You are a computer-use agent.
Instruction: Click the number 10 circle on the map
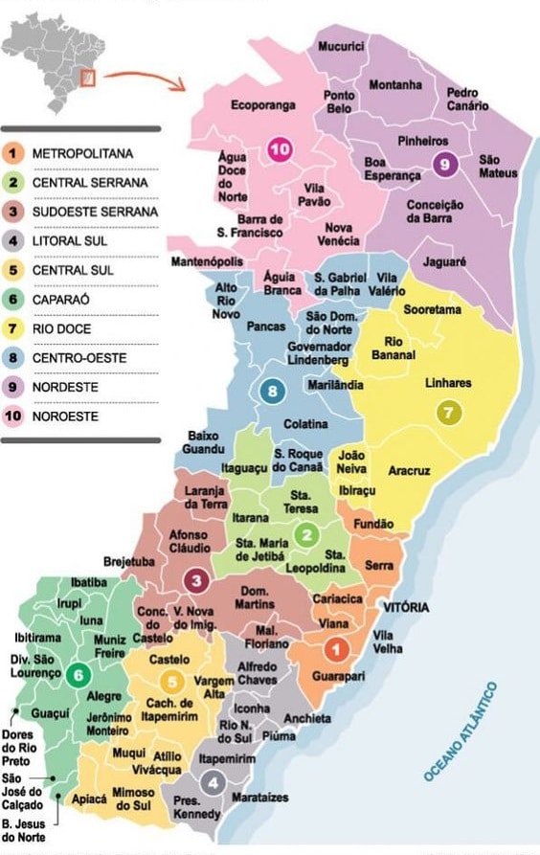tap(281, 149)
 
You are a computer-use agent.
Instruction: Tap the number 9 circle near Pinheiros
tap(442, 164)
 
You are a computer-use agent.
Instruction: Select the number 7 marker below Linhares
tap(448, 413)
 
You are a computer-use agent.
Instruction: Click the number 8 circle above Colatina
tap(274, 391)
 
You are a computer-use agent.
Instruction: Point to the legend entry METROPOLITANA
tap(82, 153)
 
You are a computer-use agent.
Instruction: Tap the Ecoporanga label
tap(263, 105)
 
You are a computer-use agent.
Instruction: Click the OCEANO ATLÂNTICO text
tap(462, 732)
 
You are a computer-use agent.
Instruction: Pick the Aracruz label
tap(411, 471)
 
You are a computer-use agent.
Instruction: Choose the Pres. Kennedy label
tap(196, 807)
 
